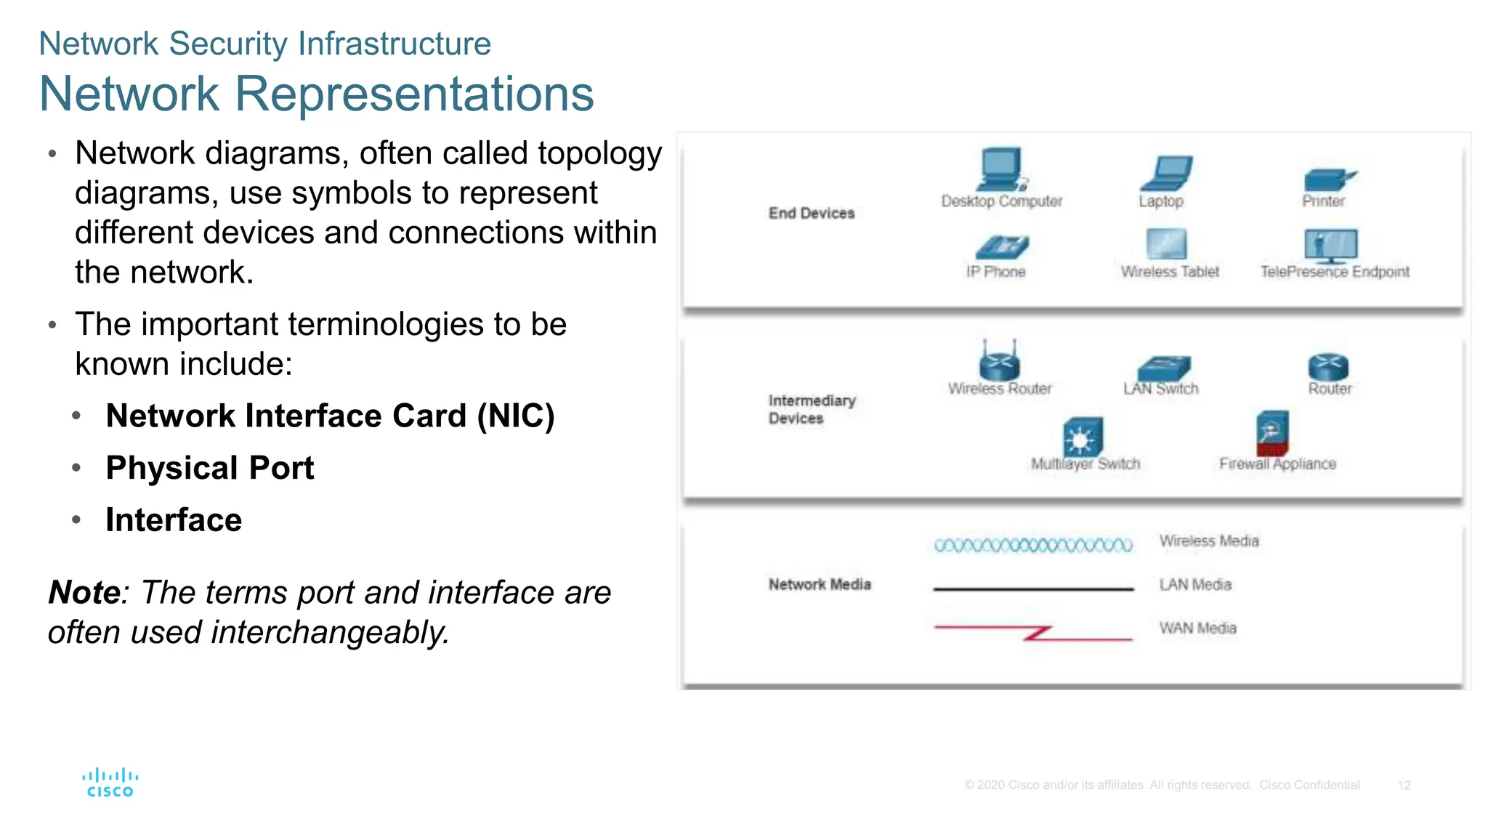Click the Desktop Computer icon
coord(1001,169)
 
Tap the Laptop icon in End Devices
coord(1166,174)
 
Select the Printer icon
coord(1328,179)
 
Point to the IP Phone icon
coord(1002,248)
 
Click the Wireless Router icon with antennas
coord(999,360)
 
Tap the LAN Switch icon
coord(1164,368)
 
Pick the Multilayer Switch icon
coord(1083,437)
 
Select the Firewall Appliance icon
coord(1272,433)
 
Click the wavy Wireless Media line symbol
coord(1032,545)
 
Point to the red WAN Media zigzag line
coord(1032,632)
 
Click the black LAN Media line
coord(1032,589)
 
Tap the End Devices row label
coord(811,213)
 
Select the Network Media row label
coord(819,584)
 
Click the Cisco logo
coord(110,783)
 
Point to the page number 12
coord(1404,785)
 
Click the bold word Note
coord(84,592)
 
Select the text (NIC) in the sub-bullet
coord(515,416)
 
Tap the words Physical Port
coord(209,468)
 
